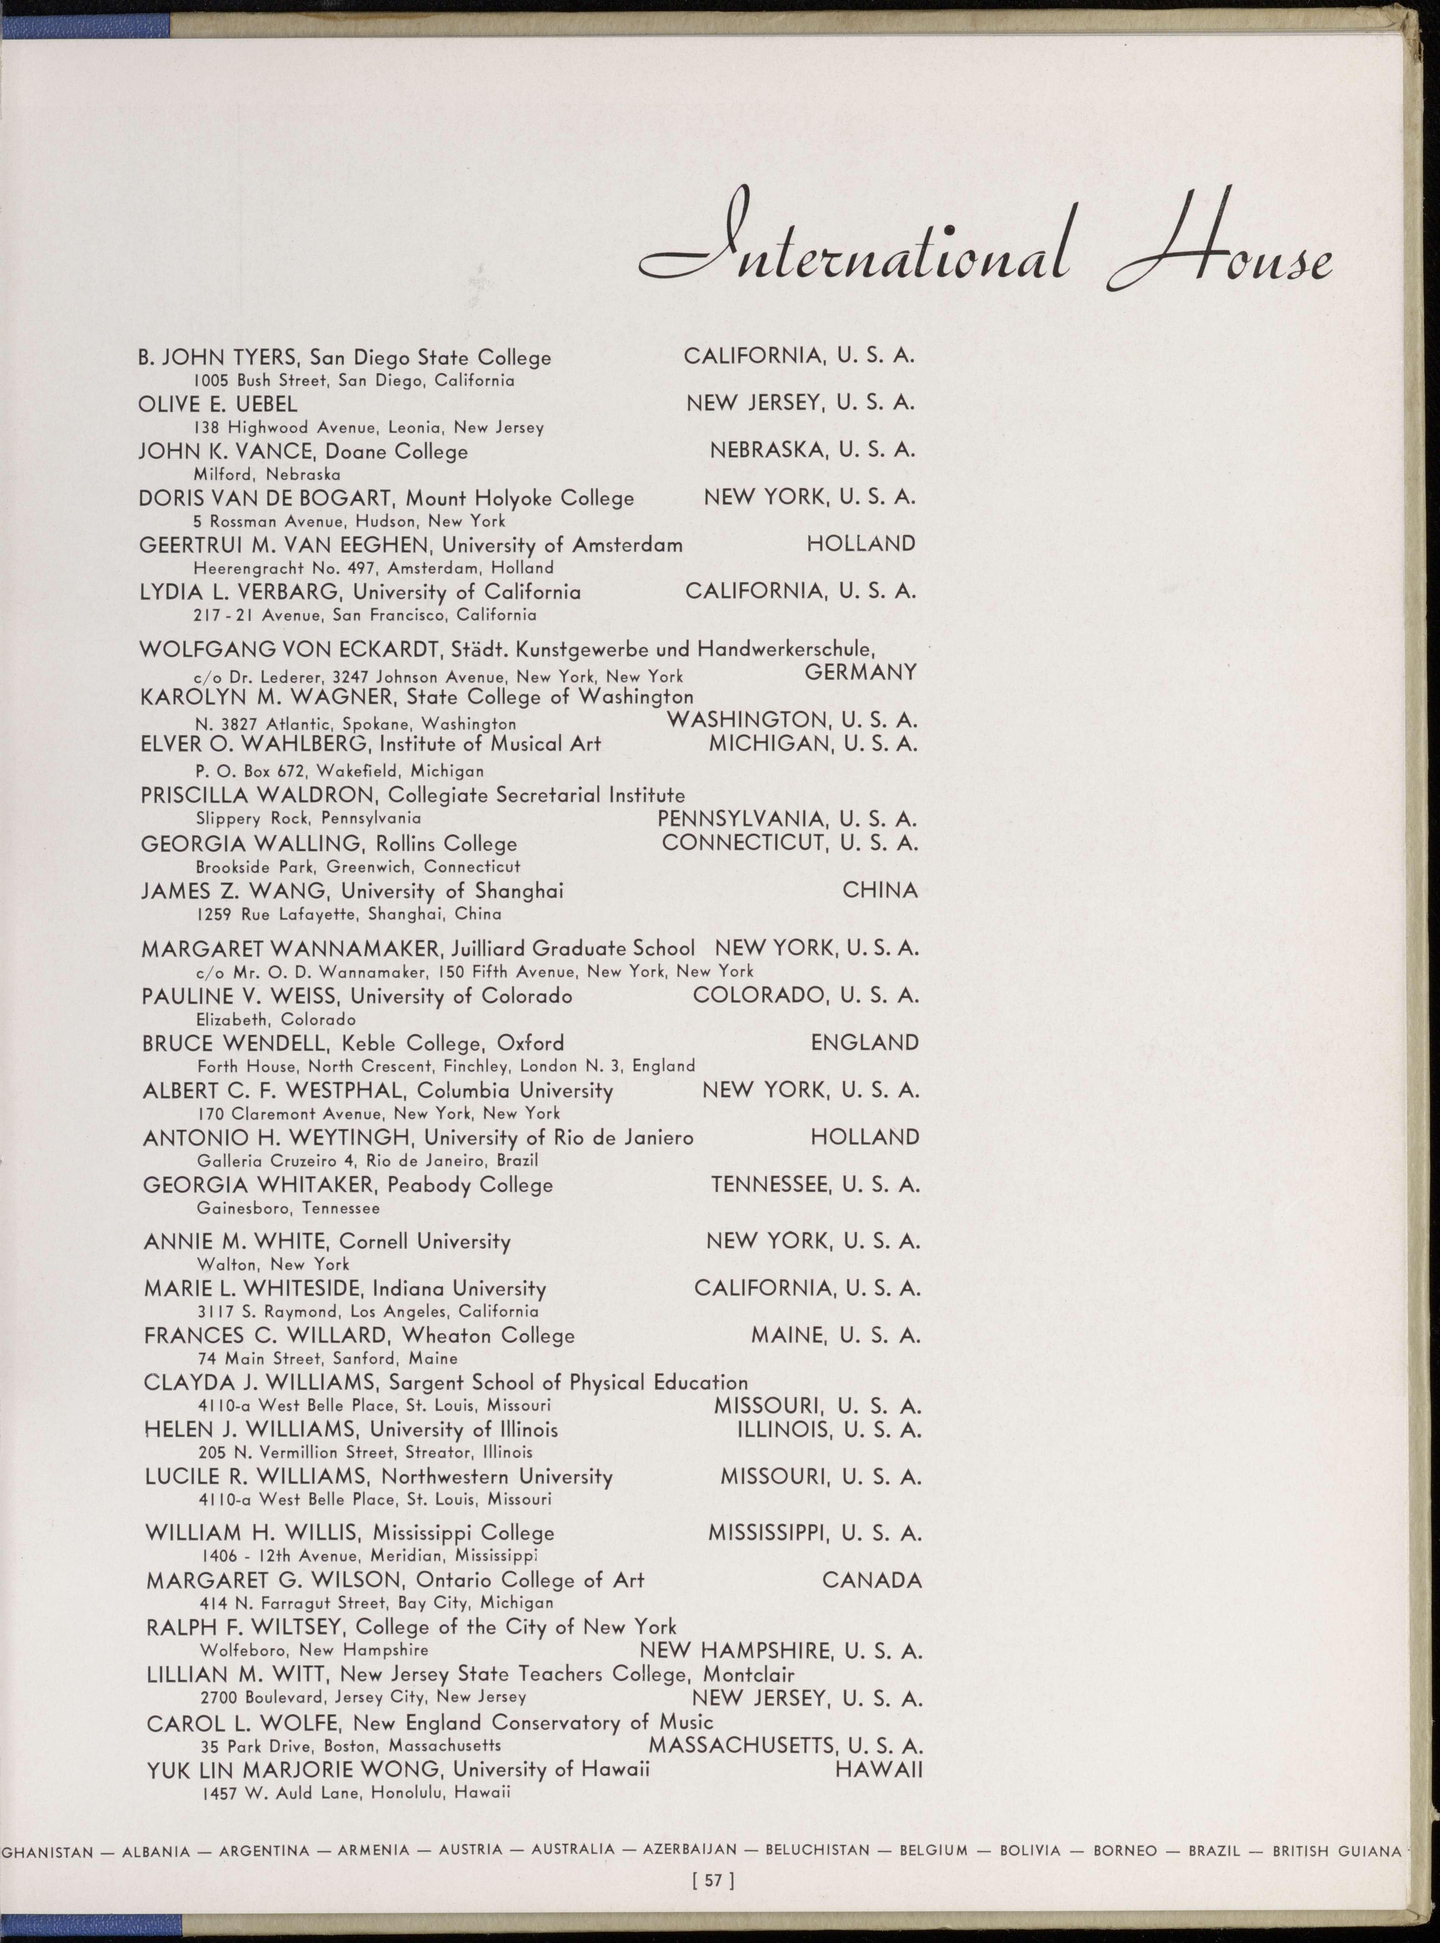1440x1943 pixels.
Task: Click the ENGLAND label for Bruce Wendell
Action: coord(865,1043)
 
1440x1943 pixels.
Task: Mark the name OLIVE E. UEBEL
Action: coord(218,404)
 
